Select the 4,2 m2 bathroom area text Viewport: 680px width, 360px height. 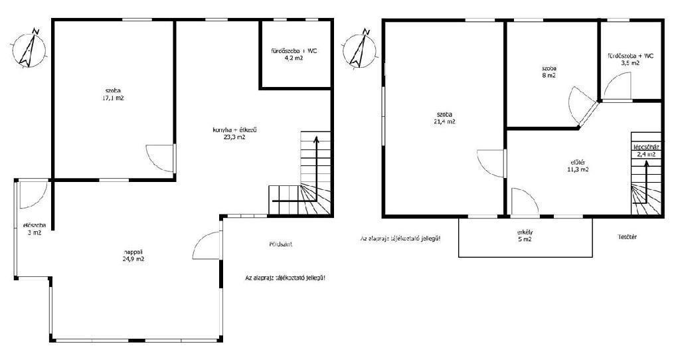tap(294, 57)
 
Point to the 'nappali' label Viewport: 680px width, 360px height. tap(133, 252)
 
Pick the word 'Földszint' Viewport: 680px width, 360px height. tap(281, 244)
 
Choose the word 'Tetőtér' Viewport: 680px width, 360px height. tap(627, 237)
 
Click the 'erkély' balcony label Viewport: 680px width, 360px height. tap(525, 232)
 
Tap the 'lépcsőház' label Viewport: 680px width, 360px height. tap(646, 147)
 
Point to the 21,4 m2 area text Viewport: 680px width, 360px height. tap(446, 122)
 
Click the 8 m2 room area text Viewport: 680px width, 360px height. tap(549, 75)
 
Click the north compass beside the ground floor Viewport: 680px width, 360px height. tap(29, 48)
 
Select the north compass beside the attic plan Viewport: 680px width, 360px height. tap(359, 48)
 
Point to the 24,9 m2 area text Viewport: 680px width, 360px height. tap(133, 259)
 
